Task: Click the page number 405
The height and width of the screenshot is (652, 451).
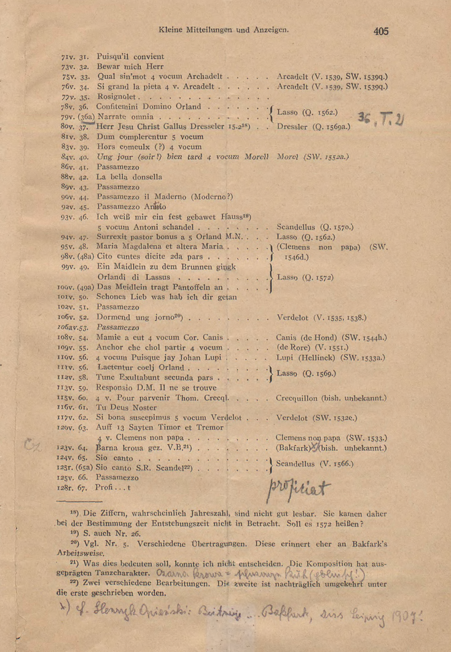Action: pos(380,31)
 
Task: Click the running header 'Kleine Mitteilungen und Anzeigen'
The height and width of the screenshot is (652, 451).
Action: pos(224,29)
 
